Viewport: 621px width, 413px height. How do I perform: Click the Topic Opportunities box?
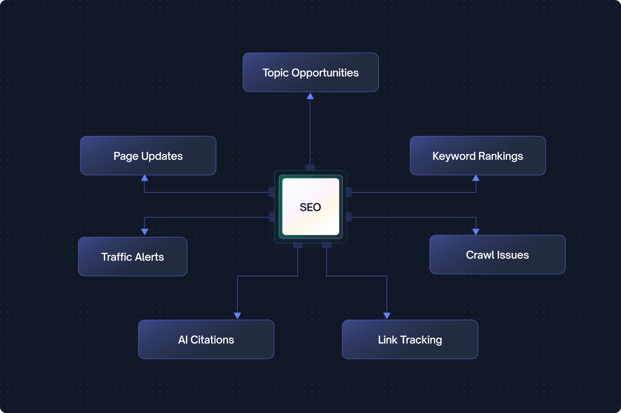(x=310, y=72)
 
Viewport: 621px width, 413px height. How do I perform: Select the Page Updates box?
(x=148, y=156)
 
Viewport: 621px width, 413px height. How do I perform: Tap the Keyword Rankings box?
(x=477, y=156)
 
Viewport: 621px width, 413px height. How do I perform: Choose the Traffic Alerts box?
(x=132, y=256)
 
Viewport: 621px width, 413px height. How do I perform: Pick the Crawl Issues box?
(x=497, y=255)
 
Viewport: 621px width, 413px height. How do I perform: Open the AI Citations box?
(x=206, y=340)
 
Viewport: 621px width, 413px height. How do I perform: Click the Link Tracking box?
(x=410, y=340)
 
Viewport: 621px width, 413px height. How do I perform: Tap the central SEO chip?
(x=310, y=207)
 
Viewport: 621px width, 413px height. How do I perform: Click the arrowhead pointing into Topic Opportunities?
(x=310, y=96)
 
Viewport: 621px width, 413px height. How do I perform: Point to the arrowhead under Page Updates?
(x=145, y=178)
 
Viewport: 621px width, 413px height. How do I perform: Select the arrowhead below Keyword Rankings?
(x=476, y=178)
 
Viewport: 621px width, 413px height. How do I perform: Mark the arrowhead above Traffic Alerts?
(x=145, y=232)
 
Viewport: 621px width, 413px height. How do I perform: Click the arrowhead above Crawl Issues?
(x=476, y=232)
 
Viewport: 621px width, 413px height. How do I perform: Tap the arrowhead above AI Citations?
(x=237, y=315)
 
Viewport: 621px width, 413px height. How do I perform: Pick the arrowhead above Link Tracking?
(x=387, y=315)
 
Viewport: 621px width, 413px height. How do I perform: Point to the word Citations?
(x=212, y=340)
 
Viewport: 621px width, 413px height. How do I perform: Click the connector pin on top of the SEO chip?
(x=310, y=167)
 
